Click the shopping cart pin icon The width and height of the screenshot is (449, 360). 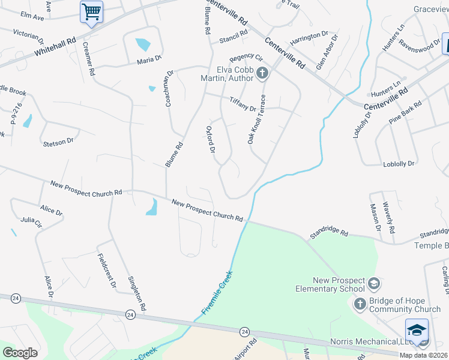tap(91, 11)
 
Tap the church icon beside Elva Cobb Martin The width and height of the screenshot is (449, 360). tap(262, 74)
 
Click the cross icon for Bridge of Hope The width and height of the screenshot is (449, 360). tap(360, 304)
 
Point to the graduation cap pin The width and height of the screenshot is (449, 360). tap(417, 330)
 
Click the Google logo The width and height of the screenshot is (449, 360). tap(20, 353)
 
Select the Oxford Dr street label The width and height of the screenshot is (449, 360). tap(211, 140)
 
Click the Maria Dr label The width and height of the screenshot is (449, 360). tap(149, 59)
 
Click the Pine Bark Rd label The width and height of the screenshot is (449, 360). tap(405, 112)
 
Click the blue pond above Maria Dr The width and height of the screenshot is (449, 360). tap(143, 44)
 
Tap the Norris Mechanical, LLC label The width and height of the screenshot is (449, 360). tap(366, 342)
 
